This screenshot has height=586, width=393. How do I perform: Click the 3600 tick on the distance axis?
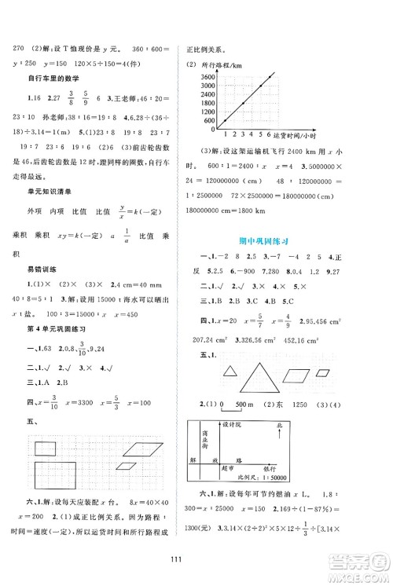[207, 77]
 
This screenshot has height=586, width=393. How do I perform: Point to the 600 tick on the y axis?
[210, 120]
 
